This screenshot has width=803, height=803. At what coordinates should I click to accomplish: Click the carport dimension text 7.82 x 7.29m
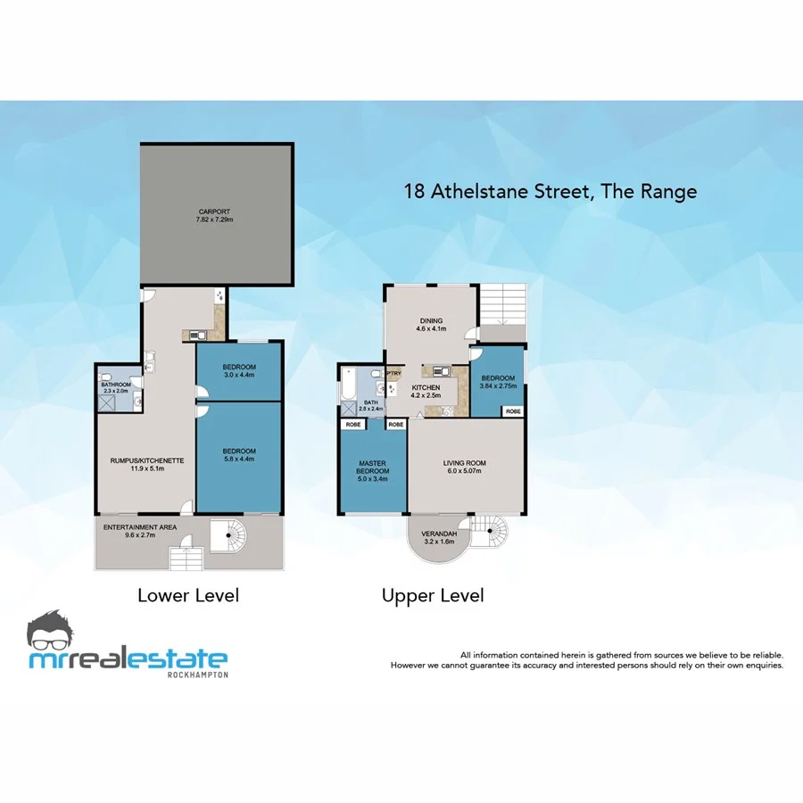click(215, 219)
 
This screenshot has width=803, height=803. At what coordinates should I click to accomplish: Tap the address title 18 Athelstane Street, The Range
click(550, 191)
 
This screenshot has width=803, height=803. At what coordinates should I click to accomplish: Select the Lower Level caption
click(187, 595)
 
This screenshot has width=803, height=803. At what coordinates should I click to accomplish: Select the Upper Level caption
click(433, 595)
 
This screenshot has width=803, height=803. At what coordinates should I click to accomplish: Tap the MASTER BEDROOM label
click(371, 468)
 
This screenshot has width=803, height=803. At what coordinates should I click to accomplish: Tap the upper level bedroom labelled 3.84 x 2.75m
click(498, 380)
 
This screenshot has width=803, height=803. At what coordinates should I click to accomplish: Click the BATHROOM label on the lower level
click(117, 386)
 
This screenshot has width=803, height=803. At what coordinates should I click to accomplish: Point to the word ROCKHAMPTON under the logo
click(197, 675)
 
